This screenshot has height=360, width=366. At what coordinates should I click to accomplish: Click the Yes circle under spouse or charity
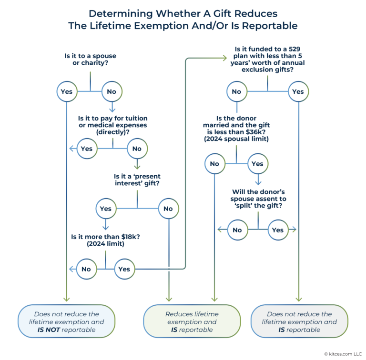pyautogui.click(x=67, y=91)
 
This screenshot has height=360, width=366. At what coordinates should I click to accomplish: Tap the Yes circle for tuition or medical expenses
pyautogui.click(x=87, y=149)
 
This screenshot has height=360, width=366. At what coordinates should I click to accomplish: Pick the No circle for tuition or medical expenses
pyautogui.click(x=137, y=149)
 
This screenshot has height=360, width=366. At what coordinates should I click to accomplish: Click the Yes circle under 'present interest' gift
pyautogui.click(x=106, y=209)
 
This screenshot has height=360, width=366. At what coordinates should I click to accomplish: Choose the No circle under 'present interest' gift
pyautogui.click(x=168, y=209)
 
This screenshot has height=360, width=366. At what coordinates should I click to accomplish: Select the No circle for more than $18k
pyautogui.click(x=86, y=269)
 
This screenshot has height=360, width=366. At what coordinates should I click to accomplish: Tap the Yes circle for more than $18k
pyautogui.click(x=124, y=269)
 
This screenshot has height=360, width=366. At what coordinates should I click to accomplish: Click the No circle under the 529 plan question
pyautogui.click(x=236, y=91)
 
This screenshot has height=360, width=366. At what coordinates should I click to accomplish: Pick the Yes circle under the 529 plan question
pyautogui.click(x=298, y=91)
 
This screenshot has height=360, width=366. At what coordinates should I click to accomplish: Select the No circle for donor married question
pyautogui.click(x=214, y=164)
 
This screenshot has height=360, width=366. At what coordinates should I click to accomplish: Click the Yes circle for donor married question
pyautogui.click(x=257, y=164)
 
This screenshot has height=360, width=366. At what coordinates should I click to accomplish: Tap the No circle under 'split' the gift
pyautogui.click(x=237, y=230)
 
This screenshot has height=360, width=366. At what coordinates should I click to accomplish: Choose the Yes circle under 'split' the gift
pyautogui.click(x=278, y=230)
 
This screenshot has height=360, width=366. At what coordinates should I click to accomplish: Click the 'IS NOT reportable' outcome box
pyautogui.click(x=66, y=321)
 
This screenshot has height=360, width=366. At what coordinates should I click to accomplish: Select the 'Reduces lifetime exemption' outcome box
pyautogui.click(x=192, y=321)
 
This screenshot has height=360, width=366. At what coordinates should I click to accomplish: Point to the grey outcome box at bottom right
pyautogui.click(x=299, y=321)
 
